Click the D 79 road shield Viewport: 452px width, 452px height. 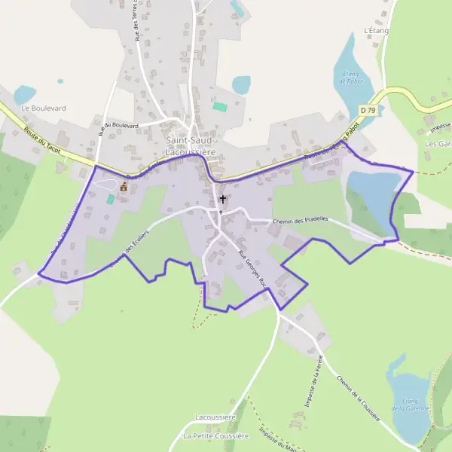coord(368,110)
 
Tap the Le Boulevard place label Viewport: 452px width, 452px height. coord(44,108)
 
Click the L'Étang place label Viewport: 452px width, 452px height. coord(375,31)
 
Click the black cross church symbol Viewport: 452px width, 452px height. coord(222,200)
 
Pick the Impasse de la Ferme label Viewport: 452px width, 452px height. coord(314,380)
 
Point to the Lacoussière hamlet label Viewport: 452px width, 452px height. coord(216,417)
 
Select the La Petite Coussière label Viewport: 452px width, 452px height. coord(215,436)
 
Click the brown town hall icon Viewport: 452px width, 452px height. coord(123,186)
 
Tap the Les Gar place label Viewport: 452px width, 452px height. coord(438,143)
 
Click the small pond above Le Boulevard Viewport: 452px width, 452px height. coord(25,94)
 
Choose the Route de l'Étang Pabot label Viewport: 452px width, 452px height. coord(329,148)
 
